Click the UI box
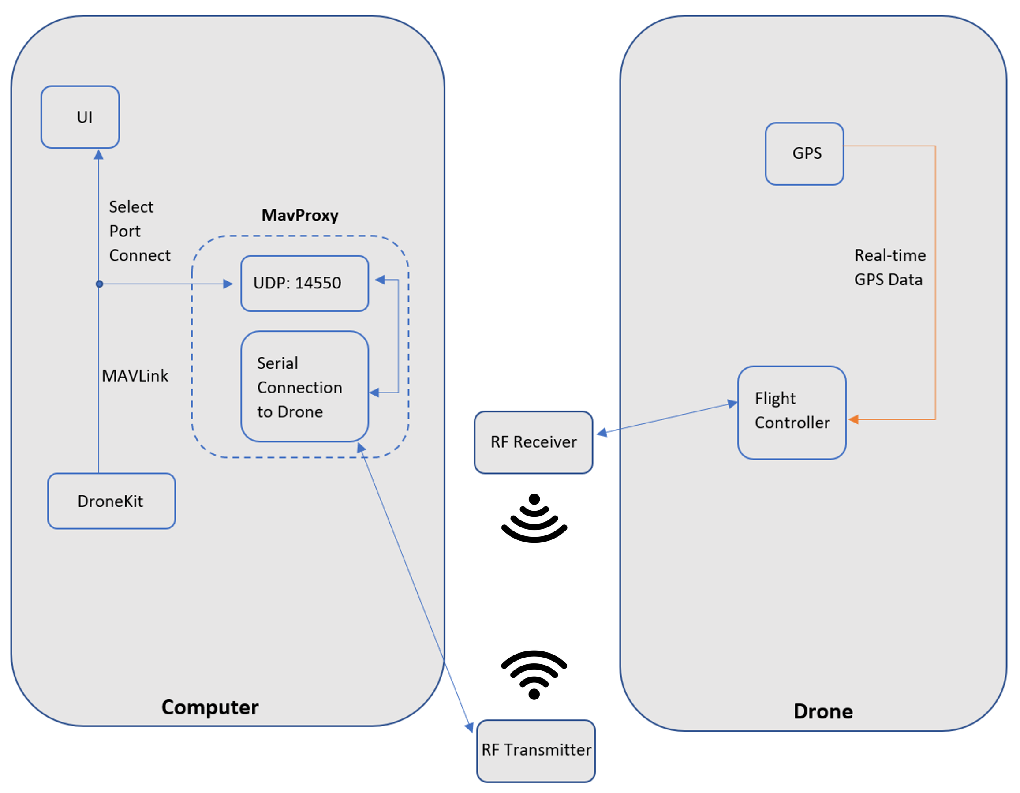[80, 117]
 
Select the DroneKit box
[111, 501]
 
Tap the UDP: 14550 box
[305, 283]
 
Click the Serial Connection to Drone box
[305, 387]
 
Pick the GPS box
[804, 153]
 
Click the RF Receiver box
[533, 442]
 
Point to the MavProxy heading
[300, 215]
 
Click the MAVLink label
[135, 376]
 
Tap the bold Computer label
[210, 707]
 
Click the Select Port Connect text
[139, 231]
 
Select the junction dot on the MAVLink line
[99, 284]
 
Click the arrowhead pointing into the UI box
[98, 154]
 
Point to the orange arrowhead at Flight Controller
[853, 419]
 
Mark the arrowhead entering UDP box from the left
[228, 284]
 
